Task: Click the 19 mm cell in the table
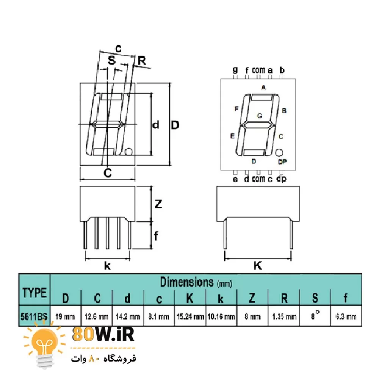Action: coord(66,316)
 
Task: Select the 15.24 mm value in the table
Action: coord(190,316)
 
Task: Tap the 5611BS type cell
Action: coord(34,316)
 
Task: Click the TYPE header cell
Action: coord(34,293)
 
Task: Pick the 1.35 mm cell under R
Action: coord(284,316)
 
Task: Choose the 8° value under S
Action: coord(315,316)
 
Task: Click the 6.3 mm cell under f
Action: coord(346,316)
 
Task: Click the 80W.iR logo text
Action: coord(103,335)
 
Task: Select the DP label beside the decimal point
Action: coord(282,162)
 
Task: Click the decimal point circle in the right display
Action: coord(280,152)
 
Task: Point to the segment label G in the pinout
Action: coord(260,116)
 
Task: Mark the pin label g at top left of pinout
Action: coord(235,70)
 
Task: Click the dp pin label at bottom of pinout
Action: coord(282,179)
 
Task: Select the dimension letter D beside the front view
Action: coord(175,125)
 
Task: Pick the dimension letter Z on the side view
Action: coord(158,204)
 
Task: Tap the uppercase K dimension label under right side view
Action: coord(258,266)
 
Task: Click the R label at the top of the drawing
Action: coord(142,60)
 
